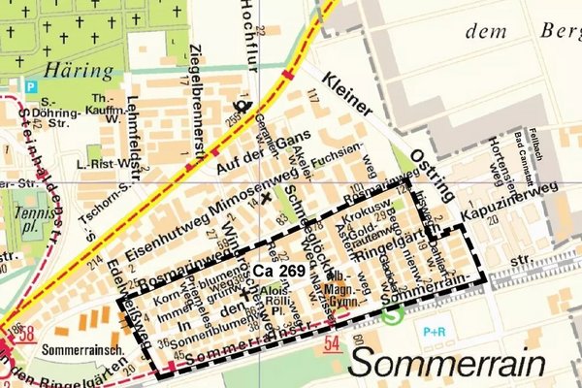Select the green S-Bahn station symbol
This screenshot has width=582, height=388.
point(391,315)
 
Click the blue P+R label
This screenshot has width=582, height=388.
point(434,332)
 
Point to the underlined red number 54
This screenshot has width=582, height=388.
point(333,343)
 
